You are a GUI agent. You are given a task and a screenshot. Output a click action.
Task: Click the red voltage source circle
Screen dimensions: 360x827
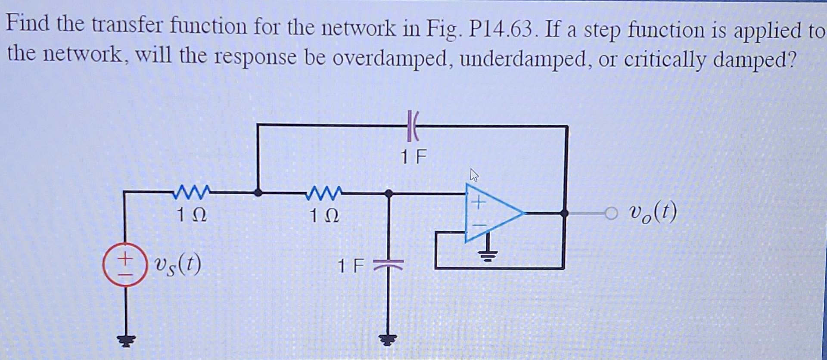tap(125, 265)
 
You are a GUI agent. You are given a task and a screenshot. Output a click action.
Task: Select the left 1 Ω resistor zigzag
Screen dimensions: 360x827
tap(191, 191)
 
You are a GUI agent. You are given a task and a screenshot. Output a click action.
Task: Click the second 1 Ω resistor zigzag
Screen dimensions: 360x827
tap(324, 191)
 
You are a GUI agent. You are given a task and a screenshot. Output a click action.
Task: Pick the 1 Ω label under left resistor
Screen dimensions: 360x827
tap(191, 214)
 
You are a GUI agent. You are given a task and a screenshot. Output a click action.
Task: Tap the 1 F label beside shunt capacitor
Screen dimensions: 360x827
tap(351, 266)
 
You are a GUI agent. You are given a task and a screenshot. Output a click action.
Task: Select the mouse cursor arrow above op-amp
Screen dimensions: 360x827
tap(474, 175)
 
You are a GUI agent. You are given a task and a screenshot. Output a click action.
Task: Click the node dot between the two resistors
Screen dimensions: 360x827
tap(258, 193)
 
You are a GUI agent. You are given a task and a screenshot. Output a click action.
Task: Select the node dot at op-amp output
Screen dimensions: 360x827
tap(564, 213)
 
